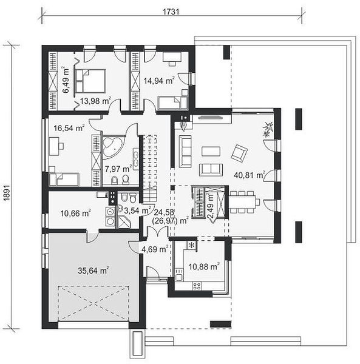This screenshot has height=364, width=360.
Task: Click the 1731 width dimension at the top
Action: pyautogui.click(x=171, y=12)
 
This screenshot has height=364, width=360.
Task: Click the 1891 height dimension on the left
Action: pyautogui.click(x=7, y=193)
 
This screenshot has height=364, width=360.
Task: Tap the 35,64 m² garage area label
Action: pyautogui.click(x=93, y=271)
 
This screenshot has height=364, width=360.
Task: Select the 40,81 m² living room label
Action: pyautogui.click(x=250, y=175)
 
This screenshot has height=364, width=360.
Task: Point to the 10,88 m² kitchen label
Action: pyautogui.click(x=204, y=266)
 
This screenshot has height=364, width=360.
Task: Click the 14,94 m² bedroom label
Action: pyautogui.click(x=159, y=81)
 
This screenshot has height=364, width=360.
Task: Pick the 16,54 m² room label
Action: pyautogui.click(x=69, y=127)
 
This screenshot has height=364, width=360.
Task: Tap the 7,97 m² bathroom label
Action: pyautogui.click(x=118, y=169)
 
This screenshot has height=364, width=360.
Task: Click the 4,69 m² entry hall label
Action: pyautogui.click(x=155, y=249)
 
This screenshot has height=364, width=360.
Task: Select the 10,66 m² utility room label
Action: pyautogui.click(x=75, y=213)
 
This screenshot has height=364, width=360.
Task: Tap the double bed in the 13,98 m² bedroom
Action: pyautogui.click(x=90, y=81)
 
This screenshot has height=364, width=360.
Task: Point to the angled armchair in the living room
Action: pyautogui.click(x=239, y=153)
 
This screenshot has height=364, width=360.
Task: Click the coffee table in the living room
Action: pyautogui.click(x=211, y=151)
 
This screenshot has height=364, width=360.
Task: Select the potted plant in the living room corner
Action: pyautogui.click(x=268, y=130)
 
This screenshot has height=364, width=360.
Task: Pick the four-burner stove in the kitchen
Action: pyautogui.click(x=197, y=286)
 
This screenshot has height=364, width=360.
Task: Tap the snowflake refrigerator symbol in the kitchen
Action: pyautogui.click(x=192, y=245)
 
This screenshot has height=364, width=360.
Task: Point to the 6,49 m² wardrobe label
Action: pyautogui.click(x=66, y=80)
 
